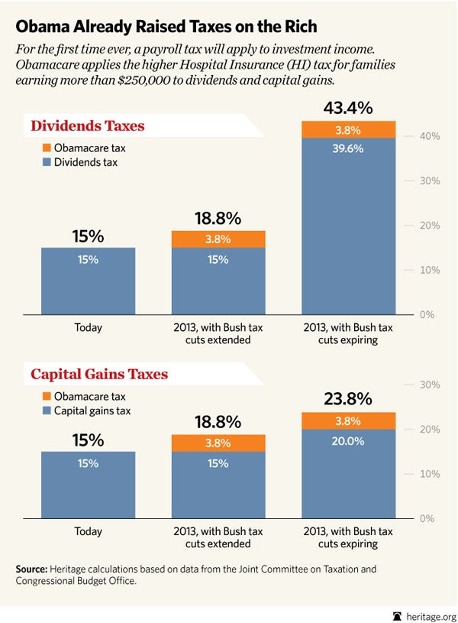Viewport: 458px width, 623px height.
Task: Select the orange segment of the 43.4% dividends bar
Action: [347, 129]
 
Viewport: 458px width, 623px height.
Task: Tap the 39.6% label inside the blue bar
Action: [347, 148]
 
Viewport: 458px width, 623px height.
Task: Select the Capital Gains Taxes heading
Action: [99, 375]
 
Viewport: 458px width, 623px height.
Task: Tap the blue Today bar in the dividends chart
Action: [88, 281]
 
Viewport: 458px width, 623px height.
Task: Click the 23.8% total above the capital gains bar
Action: [347, 398]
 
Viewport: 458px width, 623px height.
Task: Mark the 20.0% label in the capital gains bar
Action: [347, 441]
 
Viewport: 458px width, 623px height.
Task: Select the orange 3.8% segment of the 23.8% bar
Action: [347, 420]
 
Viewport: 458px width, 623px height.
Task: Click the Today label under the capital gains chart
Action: [88, 531]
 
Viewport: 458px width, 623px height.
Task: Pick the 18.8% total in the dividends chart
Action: [218, 218]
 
